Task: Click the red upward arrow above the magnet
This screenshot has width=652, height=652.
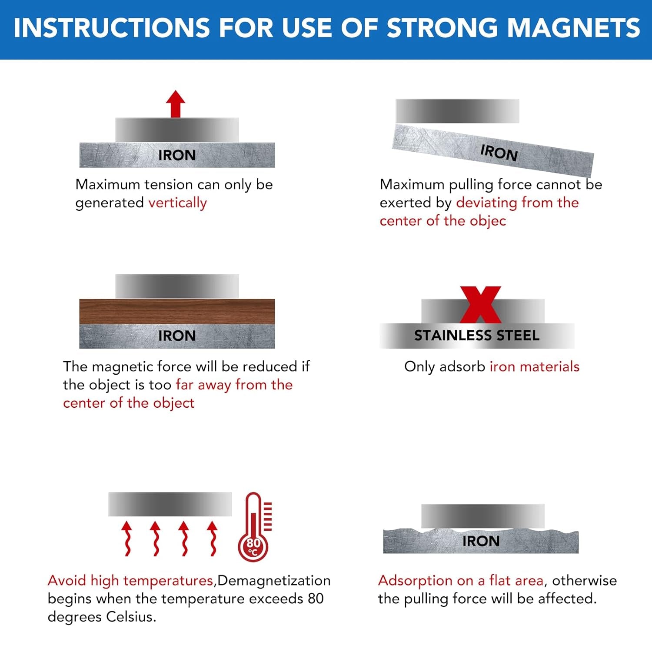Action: pos(176,104)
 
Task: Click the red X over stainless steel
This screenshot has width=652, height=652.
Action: pos(480,304)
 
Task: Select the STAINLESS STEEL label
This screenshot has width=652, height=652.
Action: pos(477,336)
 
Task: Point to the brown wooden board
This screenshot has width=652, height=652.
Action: pos(177,311)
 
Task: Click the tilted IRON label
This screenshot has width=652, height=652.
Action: pos(499,153)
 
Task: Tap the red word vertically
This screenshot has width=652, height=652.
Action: pos(177,203)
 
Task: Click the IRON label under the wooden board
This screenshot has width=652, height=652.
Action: pos(177,336)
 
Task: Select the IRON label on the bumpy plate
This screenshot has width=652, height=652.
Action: pos(481,541)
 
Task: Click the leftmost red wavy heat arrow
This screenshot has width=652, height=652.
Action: pos(127,539)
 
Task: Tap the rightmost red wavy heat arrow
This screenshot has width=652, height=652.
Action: pos(212,539)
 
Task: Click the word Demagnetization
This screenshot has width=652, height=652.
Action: pos(274,581)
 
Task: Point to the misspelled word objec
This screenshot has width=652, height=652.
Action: pos(488,221)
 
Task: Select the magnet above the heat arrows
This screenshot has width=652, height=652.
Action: pos(170,504)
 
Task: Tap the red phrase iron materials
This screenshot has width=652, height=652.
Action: pos(534,367)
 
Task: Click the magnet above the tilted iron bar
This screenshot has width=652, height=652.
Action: pos(457,111)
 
